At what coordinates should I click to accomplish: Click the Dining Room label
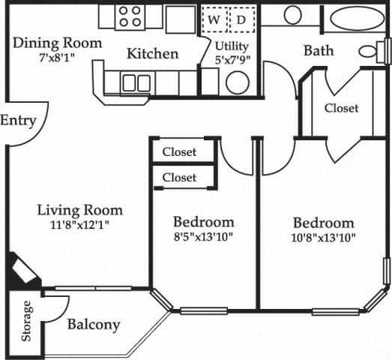(58, 43)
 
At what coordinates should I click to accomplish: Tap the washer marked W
(214, 20)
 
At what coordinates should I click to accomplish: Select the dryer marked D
(241, 20)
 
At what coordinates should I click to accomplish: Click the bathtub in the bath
(357, 19)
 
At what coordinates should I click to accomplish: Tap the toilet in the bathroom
(371, 51)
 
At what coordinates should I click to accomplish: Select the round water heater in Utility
(238, 82)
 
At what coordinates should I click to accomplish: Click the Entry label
(18, 121)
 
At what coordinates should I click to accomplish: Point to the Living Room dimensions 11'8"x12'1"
(79, 224)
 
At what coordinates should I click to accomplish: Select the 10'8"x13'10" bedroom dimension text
(323, 238)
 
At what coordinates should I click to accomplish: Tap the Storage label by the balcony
(28, 321)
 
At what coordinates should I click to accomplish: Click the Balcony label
(94, 325)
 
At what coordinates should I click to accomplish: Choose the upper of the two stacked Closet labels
(179, 152)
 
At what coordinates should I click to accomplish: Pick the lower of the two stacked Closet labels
(179, 178)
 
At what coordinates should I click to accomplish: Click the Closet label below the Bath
(341, 108)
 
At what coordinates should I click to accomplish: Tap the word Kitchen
(152, 54)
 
